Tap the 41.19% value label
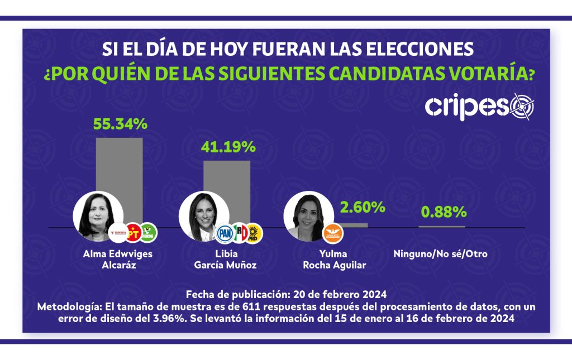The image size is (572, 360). pos(228,147)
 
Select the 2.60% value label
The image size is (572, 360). pos(363,208)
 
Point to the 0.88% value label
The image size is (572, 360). pos(444,212)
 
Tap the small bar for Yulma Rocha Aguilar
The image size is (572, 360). pos(354,225)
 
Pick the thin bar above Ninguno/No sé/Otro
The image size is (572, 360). pos(442,227)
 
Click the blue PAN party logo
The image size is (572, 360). pos(225,233)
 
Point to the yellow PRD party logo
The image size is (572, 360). pos(254,233)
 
